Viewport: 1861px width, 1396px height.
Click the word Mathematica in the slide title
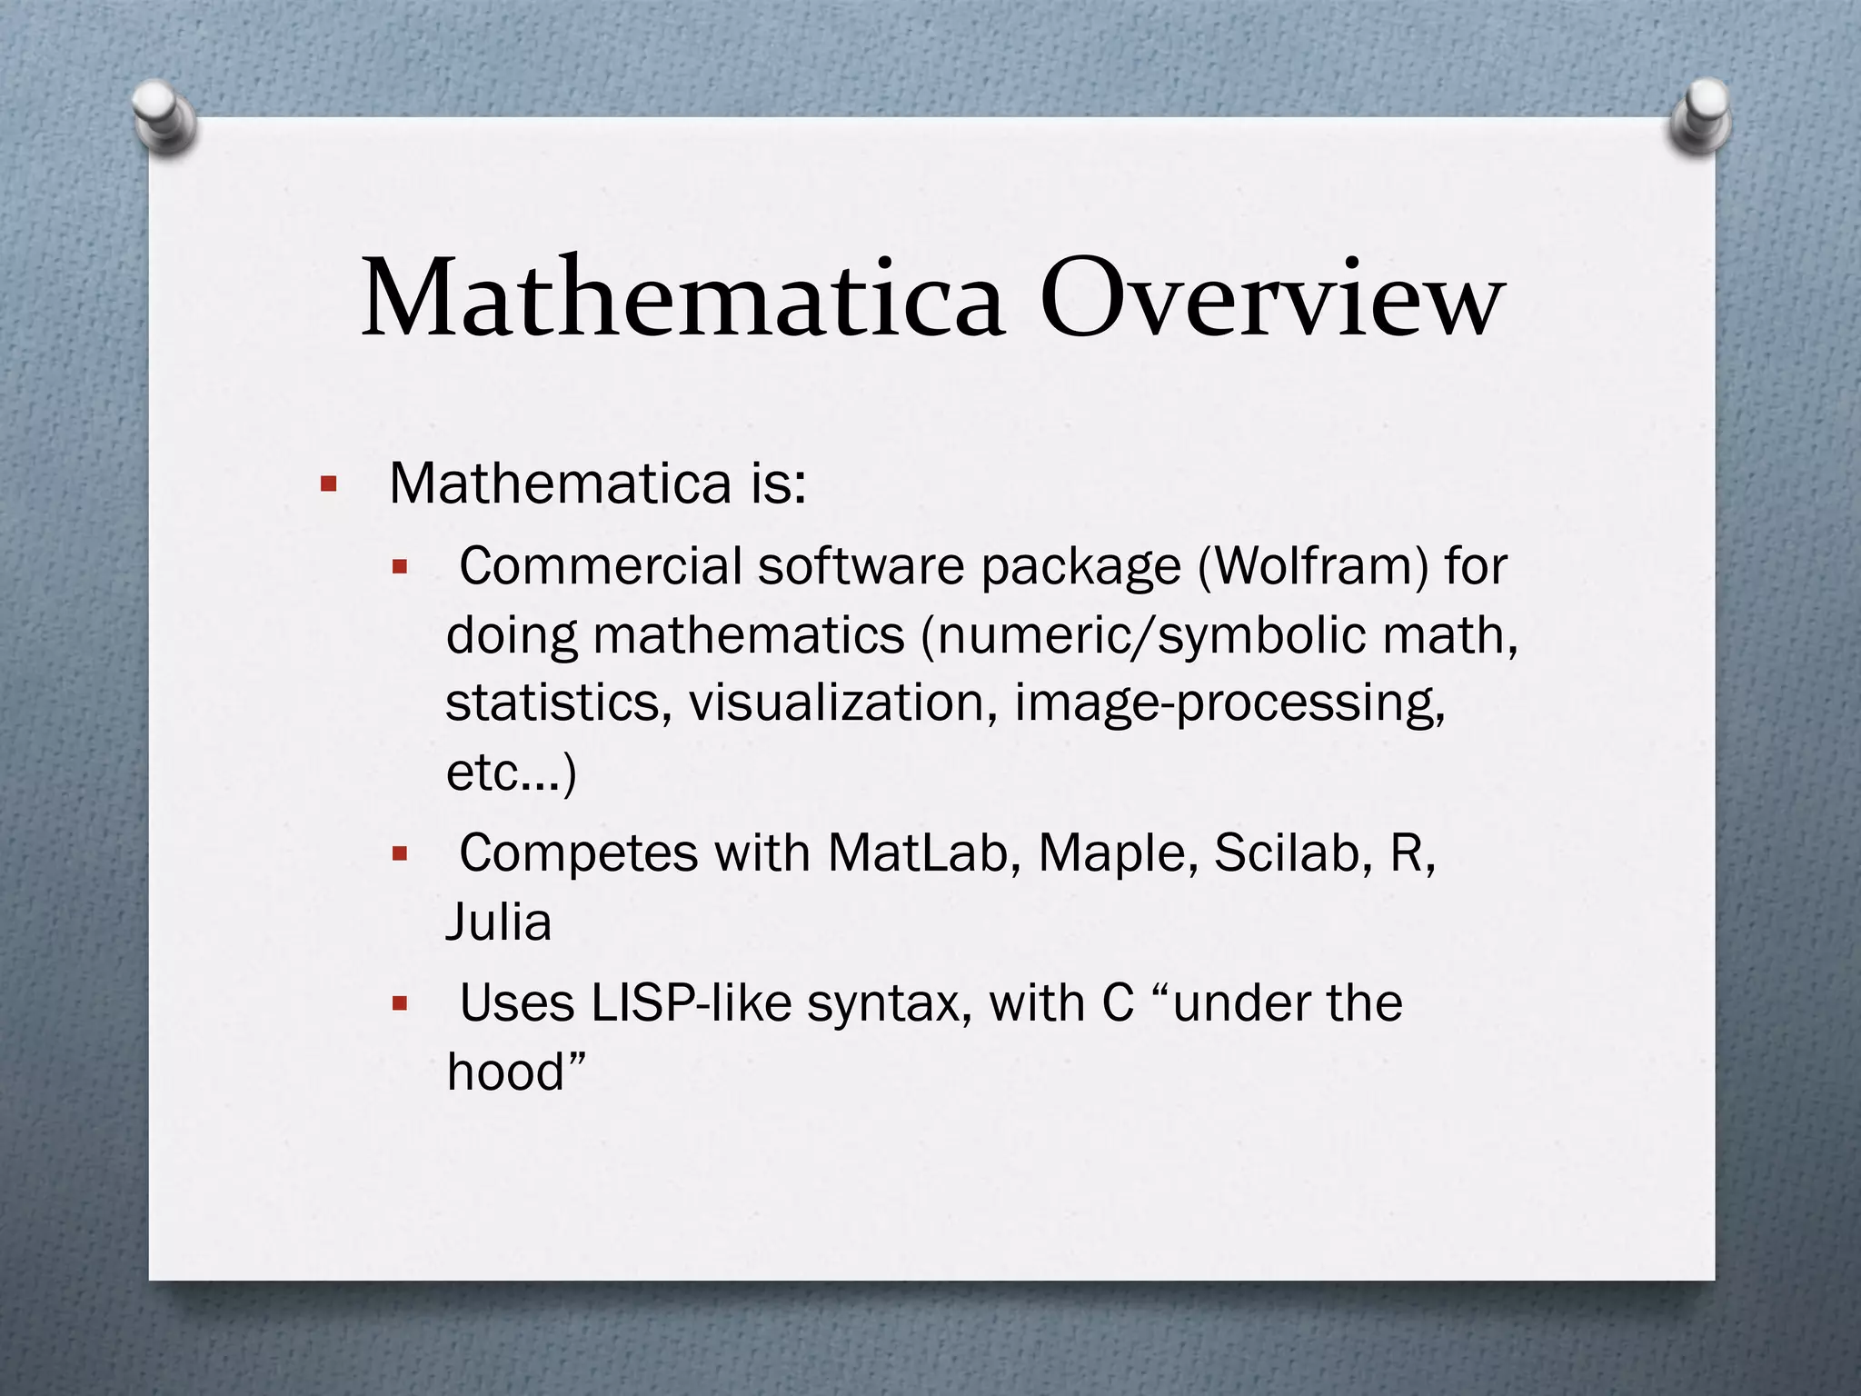[x=682, y=298]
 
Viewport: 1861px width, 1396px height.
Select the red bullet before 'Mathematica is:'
[x=329, y=484]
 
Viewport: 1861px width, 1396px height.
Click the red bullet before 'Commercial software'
[x=400, y=568]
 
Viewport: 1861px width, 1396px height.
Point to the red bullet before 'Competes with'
[x=400, y=854]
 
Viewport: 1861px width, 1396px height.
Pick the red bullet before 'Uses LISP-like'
[x=400, y=1004]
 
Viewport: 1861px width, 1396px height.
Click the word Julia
[x=499, y=922]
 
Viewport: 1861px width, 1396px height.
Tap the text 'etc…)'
[x=511, y=773]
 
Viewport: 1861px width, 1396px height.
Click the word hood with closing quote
[x=515, y=1072]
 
